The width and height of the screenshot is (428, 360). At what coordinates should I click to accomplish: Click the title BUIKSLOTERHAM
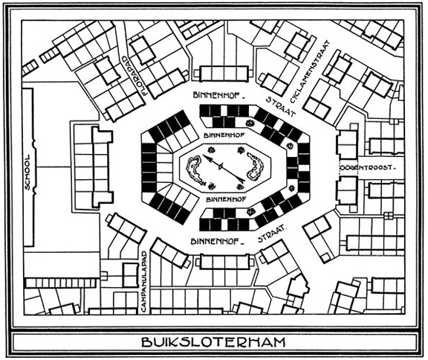(x=213, y=342)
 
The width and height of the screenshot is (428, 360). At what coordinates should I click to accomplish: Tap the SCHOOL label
(x=27, y=173)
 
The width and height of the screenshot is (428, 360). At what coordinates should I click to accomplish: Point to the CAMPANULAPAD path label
(x=144, y=281)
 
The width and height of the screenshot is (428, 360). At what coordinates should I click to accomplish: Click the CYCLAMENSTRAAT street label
(x=310, y=72)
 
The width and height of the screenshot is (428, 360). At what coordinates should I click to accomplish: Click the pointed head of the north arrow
(x=206, y=158)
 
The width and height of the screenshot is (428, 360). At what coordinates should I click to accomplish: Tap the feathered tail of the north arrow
(x=241, y=179)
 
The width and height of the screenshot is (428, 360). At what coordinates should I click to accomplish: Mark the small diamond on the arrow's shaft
(x=221, y=166)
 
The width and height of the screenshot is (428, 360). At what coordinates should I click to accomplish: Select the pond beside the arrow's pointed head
(x=195, y=170)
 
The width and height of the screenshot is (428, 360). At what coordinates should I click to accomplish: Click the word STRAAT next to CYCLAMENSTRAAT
(x=281, y=107)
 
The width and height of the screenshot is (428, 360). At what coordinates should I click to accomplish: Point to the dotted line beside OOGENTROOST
(x=340, y=167)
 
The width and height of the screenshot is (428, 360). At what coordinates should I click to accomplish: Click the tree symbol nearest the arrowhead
(x=211, y=150)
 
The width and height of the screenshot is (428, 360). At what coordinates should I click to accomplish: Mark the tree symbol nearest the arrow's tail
(x=240, y=187)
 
